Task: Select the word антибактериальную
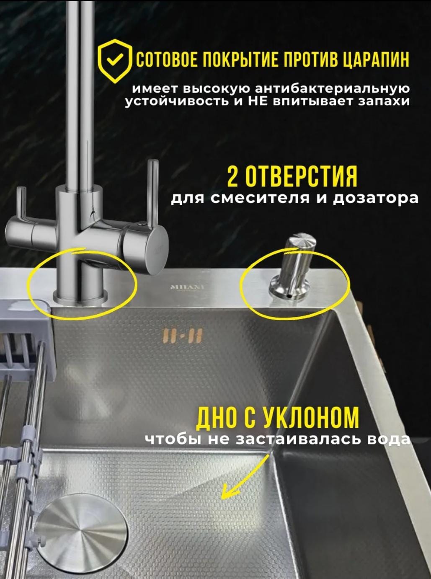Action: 332,89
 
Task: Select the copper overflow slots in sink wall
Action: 183,336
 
